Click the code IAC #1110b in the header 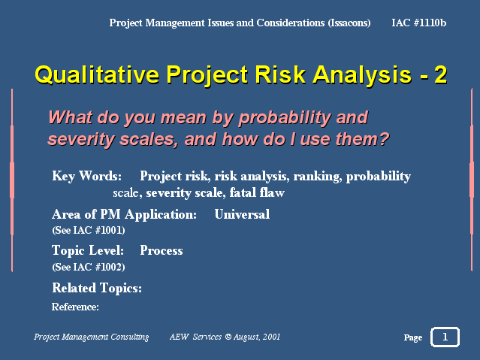(418, 23)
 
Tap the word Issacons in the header (349, 23)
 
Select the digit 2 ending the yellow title (440, 74)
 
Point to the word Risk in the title (280, 74)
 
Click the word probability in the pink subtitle (285, 118)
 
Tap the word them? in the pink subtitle (362, 139)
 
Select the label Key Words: (86, 176)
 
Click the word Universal (242, 214)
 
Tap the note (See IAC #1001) (89, 230)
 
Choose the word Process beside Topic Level (162, 250)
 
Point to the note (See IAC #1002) (89, 267)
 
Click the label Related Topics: (97, 288)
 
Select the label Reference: (75, 307)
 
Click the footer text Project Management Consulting (91, 337)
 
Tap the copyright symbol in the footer (228, 337)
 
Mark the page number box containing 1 (445, 337)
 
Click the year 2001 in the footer (271, 337)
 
